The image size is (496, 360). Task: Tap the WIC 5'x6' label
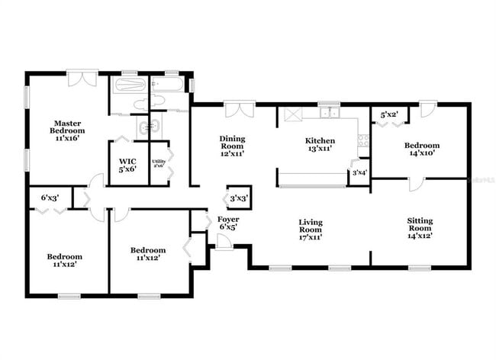[x=127, y=166]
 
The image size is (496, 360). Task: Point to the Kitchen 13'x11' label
[x=320, y=145]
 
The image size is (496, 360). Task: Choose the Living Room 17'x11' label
[x=310, y=230]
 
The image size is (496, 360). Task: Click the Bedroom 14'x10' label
[x=421, y=149]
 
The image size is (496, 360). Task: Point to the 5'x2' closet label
[x=389, y=116]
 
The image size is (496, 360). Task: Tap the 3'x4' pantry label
[x=359, y=173]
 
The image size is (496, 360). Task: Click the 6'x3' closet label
[x=50, y=198]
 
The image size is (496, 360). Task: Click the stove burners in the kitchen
[x=362, y=139]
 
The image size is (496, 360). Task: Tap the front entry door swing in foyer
[x=224, y=242]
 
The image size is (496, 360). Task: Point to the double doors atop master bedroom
[x=81, y=79]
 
